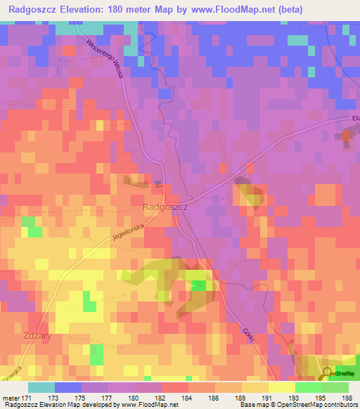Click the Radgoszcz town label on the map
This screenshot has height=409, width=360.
(165, 207)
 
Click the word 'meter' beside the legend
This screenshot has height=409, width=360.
(11, 396)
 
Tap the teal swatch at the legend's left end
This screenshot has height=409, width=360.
(41, 387)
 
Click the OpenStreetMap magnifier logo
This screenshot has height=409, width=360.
(328, 374)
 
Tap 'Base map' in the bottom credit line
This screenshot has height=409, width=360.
(255, 405)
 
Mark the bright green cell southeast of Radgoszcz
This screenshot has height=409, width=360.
(200, 285)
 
